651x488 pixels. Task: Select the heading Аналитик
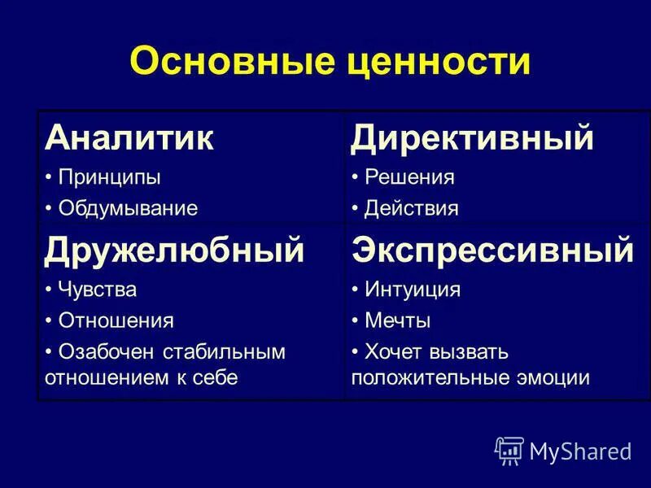pyautogui.click(x=129, y=138)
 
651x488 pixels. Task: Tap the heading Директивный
pyautogui.click(x=472, y=138)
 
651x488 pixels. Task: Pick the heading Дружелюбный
pyautogui.click(x=174, y=250)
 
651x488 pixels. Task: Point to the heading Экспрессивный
pyautogui.click(x=492, y=250)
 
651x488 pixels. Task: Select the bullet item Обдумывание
pyautogui.click(x=128, y=208)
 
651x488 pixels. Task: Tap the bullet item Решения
pyautogui.click(x=409, y=176)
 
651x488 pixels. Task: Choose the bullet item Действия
pyautogui.click(x=412, y=208)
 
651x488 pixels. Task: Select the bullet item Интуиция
pyautogui.click(x=413, y=289)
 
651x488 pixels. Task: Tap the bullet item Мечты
pyautogui.click(x=397, y=320)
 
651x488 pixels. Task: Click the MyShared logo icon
pyautogui.click(x=509, y=450)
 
